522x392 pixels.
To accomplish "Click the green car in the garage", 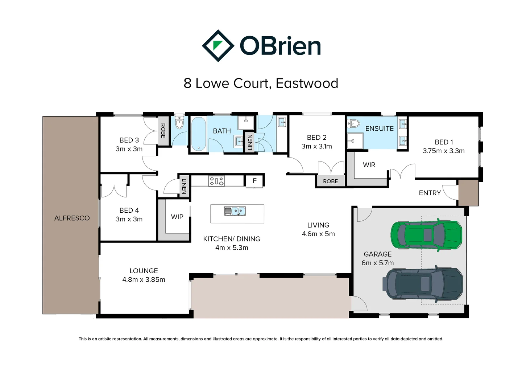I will (x=426, y=235).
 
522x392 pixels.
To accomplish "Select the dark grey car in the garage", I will (x=423, y=283).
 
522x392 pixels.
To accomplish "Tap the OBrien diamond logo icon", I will (x=217, y=46).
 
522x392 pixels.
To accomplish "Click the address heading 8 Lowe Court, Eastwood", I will (x=261, y=83).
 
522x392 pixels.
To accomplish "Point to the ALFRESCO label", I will (x=72, y=218).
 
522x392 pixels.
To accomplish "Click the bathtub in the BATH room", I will (x=198, y=134).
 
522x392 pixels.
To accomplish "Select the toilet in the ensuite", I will (x=353, y=124).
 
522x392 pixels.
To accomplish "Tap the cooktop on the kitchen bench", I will (x=216, y=181).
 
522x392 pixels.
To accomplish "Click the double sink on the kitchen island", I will (x=235, y=211).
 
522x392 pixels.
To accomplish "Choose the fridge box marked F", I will (x=254, y=181).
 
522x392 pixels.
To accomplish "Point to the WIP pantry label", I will (x=177, y=217).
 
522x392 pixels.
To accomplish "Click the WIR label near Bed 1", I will (x=369, y=165).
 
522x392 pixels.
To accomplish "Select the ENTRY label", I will (x=430, y=193).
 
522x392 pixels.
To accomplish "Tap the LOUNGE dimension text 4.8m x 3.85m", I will (x=144, y=280).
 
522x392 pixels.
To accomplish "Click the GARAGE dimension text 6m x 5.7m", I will (x=377, y=263).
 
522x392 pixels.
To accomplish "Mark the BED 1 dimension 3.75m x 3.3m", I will (x=443, y=151).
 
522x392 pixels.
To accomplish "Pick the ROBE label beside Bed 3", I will (x=163, y=131).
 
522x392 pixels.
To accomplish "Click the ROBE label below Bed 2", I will (x=330, y=181).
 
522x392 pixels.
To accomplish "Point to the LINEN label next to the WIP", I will (x=184, y=187).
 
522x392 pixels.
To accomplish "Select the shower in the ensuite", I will (x=355, y=140).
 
